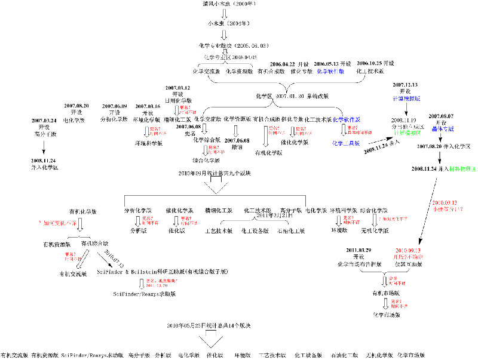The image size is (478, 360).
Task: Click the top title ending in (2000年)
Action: [222, 4]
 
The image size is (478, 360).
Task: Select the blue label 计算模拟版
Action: [406, 97]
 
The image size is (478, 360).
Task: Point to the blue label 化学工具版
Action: [346, 143]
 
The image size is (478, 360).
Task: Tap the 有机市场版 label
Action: [385, 293]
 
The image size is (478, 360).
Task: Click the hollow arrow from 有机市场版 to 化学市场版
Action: [385, 303]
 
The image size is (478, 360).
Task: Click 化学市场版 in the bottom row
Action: [411, 355]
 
